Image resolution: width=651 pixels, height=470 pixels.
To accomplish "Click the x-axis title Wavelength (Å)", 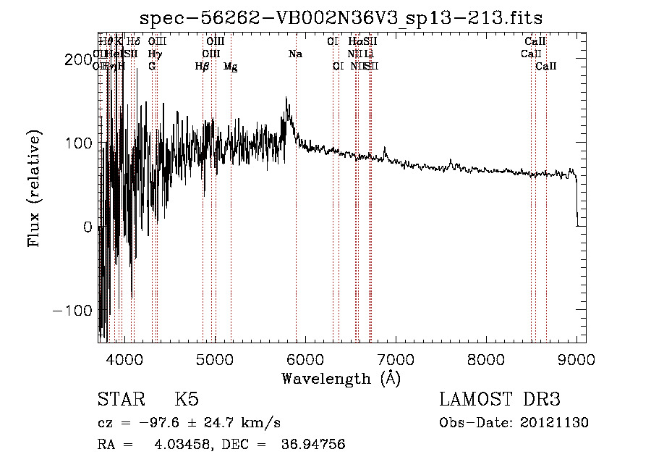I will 341,377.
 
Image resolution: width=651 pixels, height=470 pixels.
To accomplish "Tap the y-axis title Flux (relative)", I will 34,188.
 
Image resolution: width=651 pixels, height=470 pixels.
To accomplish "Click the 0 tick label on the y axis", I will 88,227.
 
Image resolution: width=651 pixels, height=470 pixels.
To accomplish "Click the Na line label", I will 295,54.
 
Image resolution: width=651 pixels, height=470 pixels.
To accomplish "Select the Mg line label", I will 230,67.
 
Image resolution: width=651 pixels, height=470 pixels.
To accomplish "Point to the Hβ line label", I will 202,67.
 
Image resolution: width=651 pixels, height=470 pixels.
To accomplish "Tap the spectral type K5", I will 187,400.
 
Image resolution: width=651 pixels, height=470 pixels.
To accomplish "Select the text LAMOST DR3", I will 500,400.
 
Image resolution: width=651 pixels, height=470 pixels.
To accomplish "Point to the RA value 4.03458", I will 179,445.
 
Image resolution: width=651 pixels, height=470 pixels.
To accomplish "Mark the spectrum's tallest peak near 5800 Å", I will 287,98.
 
